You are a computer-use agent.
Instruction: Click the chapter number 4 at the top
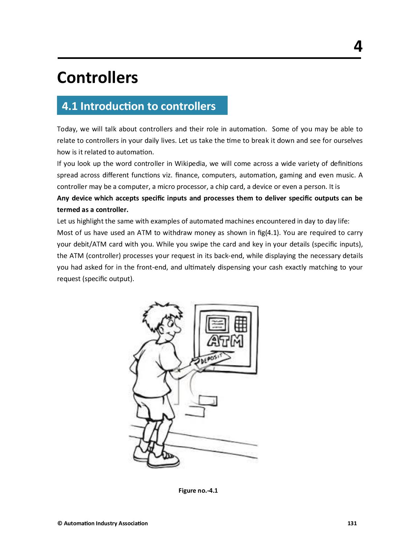(x=358, y=46)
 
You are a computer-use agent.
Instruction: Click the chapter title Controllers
(x=98, y=78)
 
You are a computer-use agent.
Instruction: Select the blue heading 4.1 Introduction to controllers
(x=139, y=106)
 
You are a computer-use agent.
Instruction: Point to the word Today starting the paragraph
(x=66, y=129)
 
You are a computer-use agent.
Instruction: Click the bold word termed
(x=68, y=210)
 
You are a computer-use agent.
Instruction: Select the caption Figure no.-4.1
(x=198, y=491)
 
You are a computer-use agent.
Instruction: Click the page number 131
(x=352, y=523)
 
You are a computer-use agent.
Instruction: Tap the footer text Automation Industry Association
(x=105, y=523)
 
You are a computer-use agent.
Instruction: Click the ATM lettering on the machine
(x=225, y=341)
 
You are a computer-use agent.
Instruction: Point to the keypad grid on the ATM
(x=241, y=324)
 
